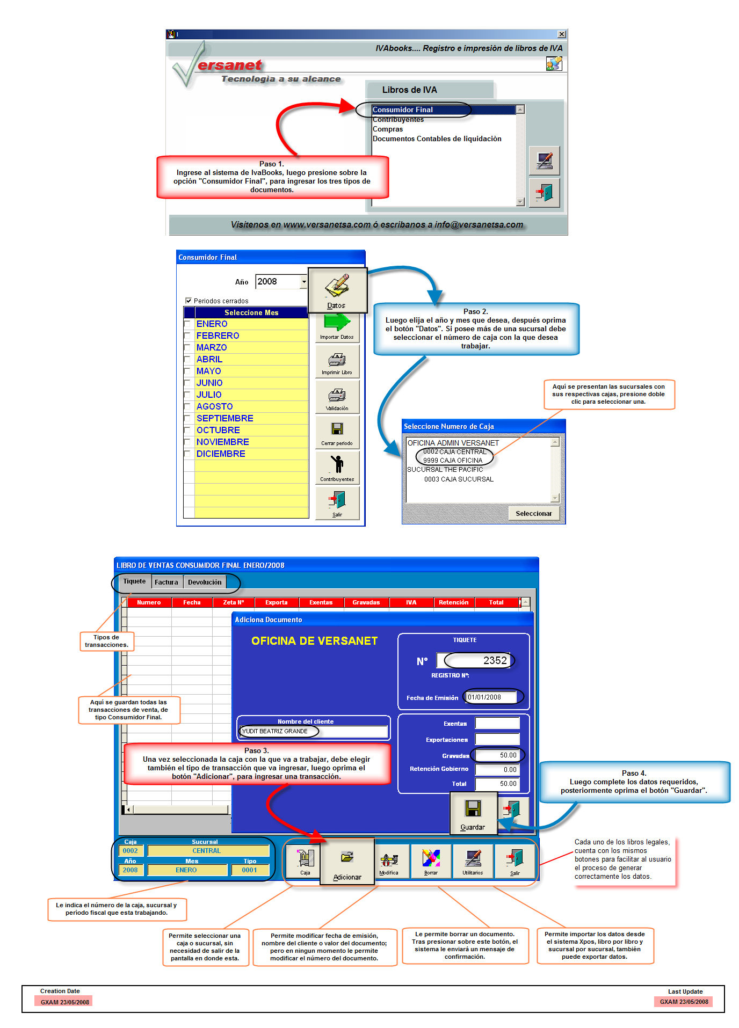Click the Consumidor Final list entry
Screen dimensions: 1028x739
[403, 110]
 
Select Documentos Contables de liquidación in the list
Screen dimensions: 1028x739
[437, 139]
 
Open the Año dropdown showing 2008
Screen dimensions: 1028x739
[303, 282]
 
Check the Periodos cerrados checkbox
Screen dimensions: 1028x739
[189, 301]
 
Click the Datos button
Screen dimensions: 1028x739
[337, 290]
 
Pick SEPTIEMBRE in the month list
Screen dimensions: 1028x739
[224, 419]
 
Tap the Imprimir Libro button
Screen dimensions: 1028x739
[337, 363]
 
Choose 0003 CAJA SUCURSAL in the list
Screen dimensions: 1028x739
[459, 479]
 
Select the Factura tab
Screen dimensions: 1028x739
[166, 582]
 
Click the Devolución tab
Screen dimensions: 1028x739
[205, 582]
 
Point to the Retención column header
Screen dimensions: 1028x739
[453, 603]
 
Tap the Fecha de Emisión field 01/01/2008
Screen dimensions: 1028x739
[491, 697]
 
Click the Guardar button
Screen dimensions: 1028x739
[473, 814]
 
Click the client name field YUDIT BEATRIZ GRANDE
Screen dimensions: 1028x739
[314, 732]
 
